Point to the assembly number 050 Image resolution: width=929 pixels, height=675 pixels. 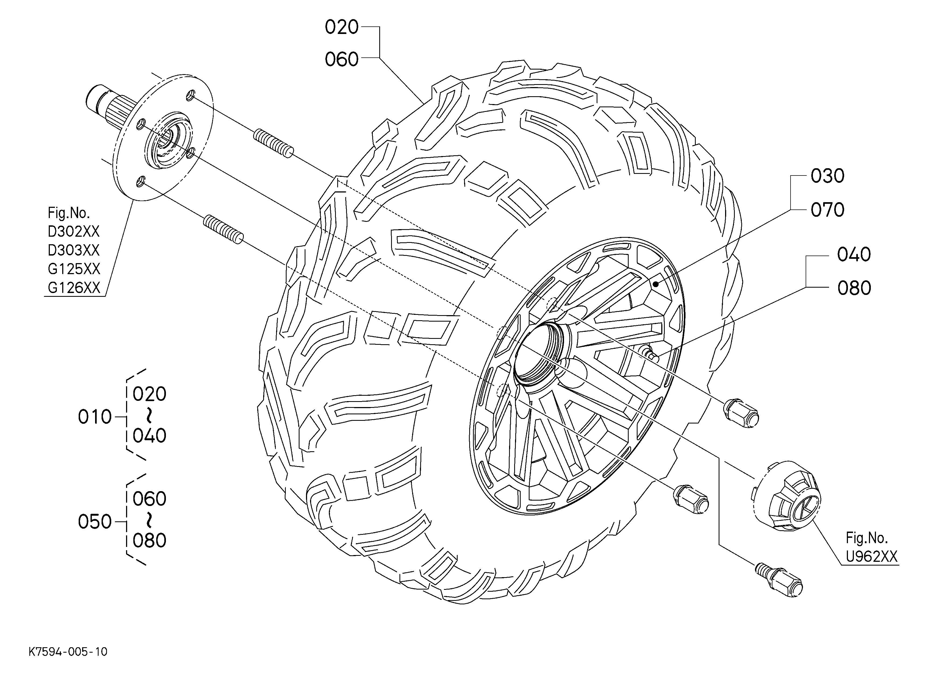click(95, 522)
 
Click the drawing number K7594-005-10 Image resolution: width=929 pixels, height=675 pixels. click(68, 651)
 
